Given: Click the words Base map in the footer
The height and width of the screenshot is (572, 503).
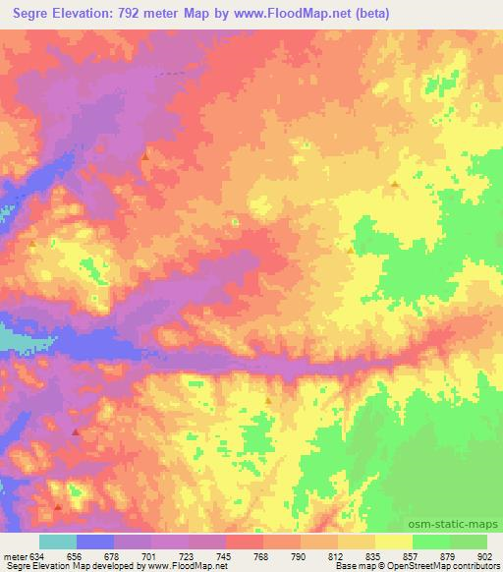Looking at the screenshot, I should point(350,565).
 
